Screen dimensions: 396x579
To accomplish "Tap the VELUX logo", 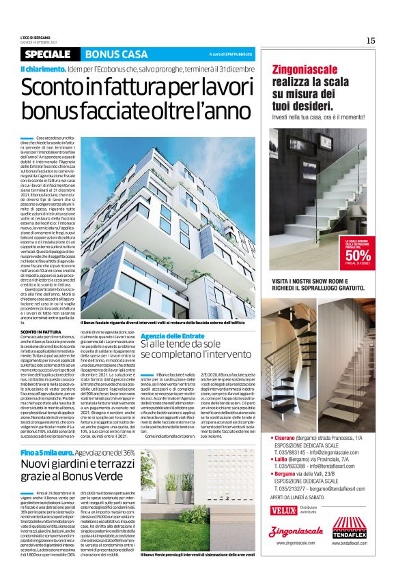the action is tap(283, 510).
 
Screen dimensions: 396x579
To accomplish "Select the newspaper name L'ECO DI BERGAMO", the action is tap(36, 38).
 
